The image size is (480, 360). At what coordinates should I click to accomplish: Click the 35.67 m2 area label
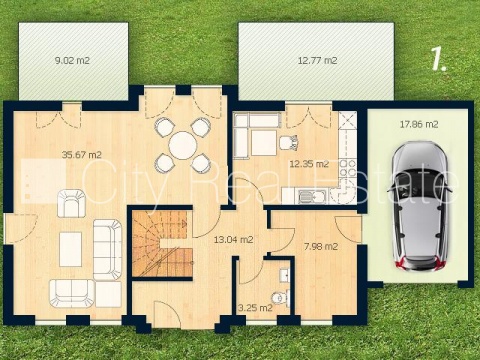coord(82,155)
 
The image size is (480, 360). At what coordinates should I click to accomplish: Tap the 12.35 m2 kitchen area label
coord(309,164)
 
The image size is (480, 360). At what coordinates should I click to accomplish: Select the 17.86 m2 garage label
coord(419,124)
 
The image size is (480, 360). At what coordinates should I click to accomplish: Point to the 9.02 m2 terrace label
coord(72,61)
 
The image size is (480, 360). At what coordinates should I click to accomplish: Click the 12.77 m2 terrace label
coord(317,61)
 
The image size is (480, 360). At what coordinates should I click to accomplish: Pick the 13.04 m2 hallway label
coord(233,239)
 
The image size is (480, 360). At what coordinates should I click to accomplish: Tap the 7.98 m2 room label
coord(321,247)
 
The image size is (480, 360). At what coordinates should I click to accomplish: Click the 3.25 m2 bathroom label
coord(255,308)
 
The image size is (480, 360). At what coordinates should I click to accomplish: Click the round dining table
coord(183,146)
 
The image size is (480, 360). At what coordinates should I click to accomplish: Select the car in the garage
coord(420,206)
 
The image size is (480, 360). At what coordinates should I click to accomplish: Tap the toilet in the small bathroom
coord(280,297)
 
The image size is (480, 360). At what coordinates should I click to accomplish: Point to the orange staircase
coord(162,244)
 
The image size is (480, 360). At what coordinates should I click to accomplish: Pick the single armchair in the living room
coord(72,203)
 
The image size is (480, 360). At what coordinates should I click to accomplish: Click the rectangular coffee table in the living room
coord(71,249)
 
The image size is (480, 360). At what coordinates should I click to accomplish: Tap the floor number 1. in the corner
coord(439,59)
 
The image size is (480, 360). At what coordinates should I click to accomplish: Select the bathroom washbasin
coord(284,275)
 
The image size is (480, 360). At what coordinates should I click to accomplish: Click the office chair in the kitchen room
coord(289,143)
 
